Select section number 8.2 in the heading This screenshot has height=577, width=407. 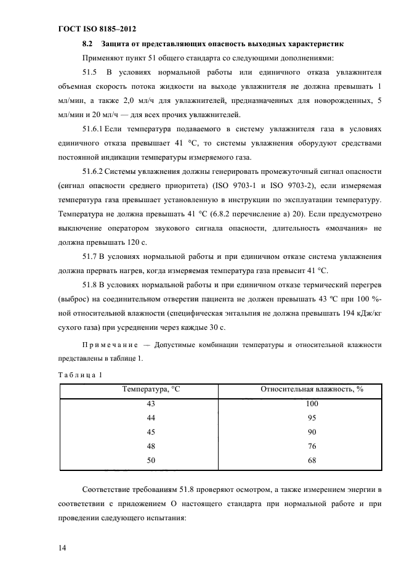[87, 44]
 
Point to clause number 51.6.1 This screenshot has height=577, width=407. [94, 130]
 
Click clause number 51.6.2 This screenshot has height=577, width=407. [94, 173]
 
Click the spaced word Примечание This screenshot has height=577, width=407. [110, 345]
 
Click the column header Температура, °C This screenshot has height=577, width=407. [151, 389]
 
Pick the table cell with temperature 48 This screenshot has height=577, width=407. [151, 446]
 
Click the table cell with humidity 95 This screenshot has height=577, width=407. [312, 417]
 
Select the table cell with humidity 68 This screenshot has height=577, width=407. [312, 460]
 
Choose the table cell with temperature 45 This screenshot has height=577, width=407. [151, 432]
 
